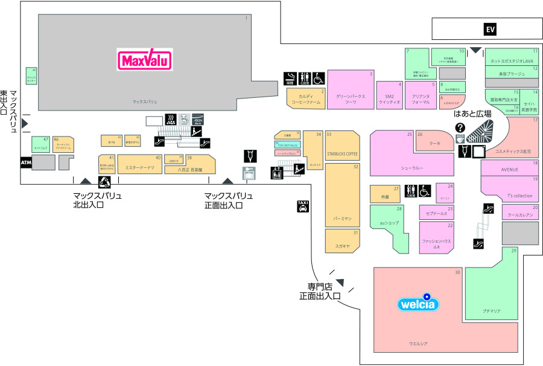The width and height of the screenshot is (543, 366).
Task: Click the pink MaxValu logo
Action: click(x=145, y=60)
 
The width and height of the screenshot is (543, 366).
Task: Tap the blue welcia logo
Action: click(x=416, y=304)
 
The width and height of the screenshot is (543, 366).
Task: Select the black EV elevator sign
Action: click(x=490, y=29)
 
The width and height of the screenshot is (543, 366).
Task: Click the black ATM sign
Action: click(x=26, y=162)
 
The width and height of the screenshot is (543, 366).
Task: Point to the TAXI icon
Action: click(x=303, y=207)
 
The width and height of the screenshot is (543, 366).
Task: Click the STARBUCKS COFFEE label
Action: click(x=342, y=153)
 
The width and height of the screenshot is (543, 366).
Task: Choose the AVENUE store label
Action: click(x=509, y=170)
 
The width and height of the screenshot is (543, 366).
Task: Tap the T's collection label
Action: click(x=519, y=196)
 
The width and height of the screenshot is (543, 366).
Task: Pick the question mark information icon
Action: click(x=460, y=127)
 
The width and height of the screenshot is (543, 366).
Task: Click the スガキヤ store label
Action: click(x=342, y=246)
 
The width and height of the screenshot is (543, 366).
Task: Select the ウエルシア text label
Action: click(x=418, y=344)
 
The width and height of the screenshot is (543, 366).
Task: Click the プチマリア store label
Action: click(x=492, y=311)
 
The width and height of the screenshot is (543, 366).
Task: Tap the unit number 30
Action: click(x=457, y=272)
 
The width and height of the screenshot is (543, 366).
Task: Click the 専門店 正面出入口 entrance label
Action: click(x=320, y=291)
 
